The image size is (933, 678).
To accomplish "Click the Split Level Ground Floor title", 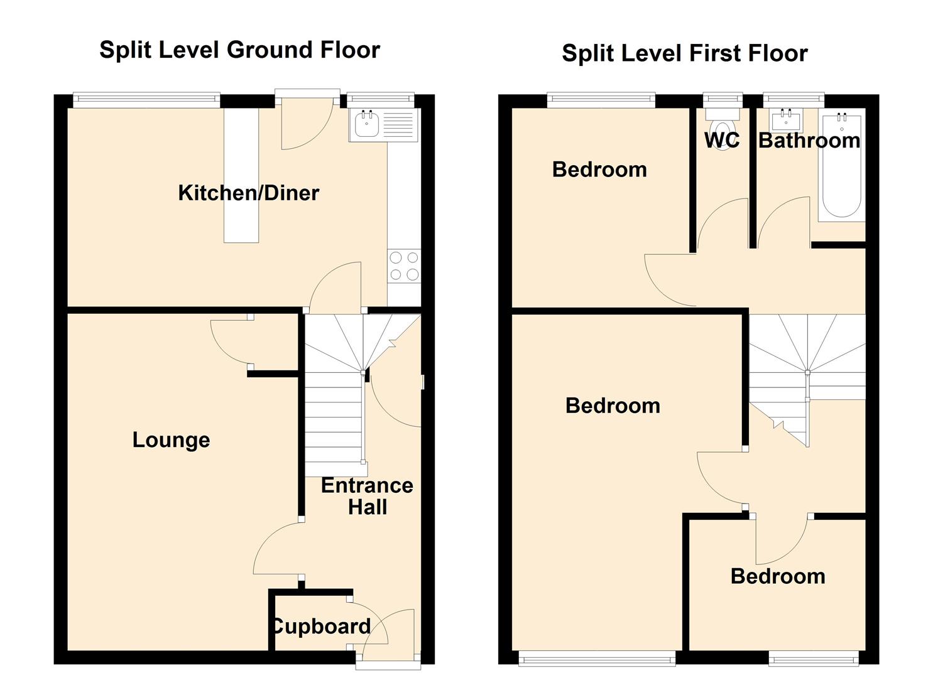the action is pos(239,50).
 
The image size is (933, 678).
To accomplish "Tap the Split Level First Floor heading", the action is pos(685,54).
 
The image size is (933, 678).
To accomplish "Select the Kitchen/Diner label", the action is pos(249,193).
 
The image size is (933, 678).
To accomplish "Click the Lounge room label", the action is pos(171,440).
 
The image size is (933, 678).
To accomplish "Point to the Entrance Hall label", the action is pos(368,497).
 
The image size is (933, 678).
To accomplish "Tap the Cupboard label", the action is pos(320,627).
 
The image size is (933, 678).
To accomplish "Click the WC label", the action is pos(722,140).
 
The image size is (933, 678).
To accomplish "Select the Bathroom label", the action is pos(809,141).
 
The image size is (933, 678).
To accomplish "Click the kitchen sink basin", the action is pos(366,124).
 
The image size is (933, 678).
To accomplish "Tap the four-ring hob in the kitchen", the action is pos(404,266).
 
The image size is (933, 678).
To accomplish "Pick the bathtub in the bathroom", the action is pos(842,166).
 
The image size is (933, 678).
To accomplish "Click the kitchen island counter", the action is pos(241,175).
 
